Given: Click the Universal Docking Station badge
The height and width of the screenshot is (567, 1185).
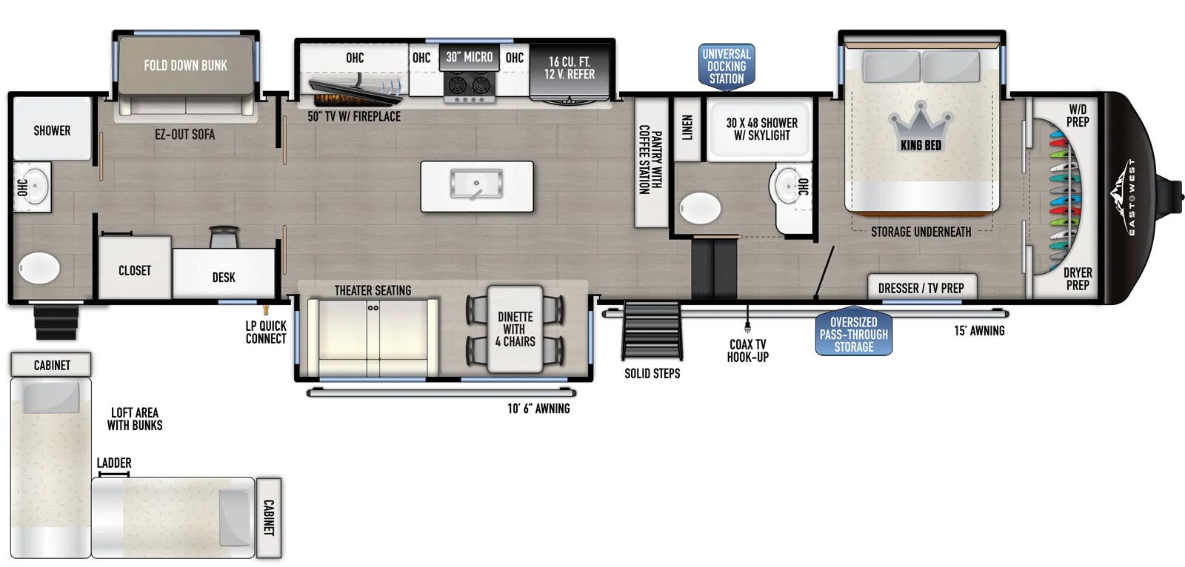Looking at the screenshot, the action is click(x=727, y=67).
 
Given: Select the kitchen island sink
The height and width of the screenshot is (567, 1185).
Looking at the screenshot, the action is click(x=477, y=184).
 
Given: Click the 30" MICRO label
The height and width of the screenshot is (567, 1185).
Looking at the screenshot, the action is click(x=470, y=57).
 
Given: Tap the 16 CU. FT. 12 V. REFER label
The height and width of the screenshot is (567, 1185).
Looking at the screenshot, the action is click(x=570, y=67).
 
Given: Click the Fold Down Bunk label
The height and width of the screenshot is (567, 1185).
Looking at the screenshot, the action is click(x=185, y=66).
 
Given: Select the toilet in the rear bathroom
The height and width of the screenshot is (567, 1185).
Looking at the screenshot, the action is click(x=39, y=268).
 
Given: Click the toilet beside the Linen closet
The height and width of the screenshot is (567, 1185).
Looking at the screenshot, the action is click(x=700, y=208).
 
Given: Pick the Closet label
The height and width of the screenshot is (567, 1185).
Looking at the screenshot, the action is click(x=135, y=270).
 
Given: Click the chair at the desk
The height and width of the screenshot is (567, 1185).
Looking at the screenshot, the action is click(x=224, y=236).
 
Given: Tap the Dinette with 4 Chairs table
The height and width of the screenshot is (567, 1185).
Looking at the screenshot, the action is click(x=515, y=329).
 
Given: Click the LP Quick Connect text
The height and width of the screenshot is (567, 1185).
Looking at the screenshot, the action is click(x=266, y=332).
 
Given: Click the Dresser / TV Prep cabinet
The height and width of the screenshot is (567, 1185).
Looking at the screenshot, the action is click(x=921, y=287).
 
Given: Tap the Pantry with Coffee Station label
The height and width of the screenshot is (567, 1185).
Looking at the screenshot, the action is click(x=650, y=160).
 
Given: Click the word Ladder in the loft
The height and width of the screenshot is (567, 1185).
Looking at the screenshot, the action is click(x=114, y=463).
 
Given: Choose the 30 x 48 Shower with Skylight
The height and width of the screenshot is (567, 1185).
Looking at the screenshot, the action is click(x=760, y=129).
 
